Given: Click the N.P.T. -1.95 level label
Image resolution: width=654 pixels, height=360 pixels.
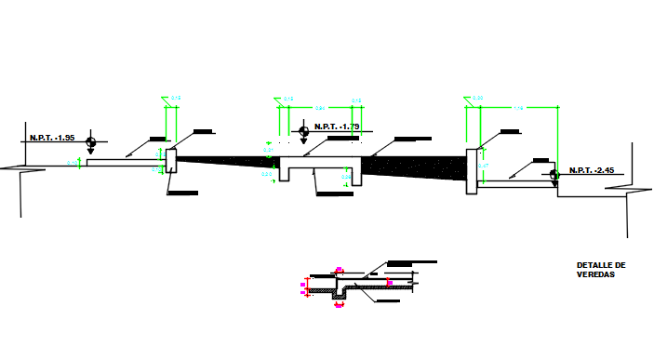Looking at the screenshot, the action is click(54, 138).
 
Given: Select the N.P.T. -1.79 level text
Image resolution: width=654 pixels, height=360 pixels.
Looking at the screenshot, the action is click(337, 127).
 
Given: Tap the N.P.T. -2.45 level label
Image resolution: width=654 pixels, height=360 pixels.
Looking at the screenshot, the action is click(594, 169).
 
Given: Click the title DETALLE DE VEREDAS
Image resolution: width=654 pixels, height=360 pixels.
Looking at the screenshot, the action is click(601, 270).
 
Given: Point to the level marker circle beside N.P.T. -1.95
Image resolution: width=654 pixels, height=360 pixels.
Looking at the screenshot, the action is click(90, 141).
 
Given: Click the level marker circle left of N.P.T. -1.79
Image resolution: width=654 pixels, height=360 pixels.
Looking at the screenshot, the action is click(304, 133).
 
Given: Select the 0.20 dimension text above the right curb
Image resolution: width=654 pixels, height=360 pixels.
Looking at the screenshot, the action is click(478, 98).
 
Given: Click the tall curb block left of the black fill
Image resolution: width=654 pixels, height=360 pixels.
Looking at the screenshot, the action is click(170, 159).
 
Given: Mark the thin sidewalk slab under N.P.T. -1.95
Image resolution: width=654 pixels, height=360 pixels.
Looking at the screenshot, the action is click(121, 163).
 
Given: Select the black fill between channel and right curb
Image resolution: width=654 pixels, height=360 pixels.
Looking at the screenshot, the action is click(419, 165).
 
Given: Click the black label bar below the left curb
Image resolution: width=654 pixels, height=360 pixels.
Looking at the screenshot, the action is click(183, 193).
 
